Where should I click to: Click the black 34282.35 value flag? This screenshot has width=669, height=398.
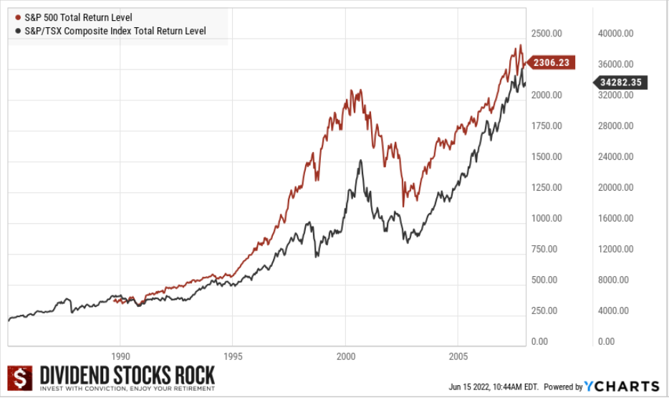[621, 82]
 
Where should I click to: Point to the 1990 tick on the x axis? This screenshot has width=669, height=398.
[120, 356]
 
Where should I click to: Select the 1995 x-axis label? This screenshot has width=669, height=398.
[233, 356]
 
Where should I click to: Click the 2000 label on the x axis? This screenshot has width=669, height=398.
[346, 356]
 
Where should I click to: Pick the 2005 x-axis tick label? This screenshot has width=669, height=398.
[458, 356]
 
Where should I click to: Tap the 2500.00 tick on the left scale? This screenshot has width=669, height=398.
[545, 33]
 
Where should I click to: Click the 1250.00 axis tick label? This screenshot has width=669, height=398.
[545, 187]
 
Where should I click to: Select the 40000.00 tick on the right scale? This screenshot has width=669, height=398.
[616, 33]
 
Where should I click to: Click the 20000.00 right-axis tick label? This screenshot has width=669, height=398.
[616, 187]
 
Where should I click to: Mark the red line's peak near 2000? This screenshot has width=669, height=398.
[352, 90]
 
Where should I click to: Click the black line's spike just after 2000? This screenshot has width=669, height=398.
[360, 161]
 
